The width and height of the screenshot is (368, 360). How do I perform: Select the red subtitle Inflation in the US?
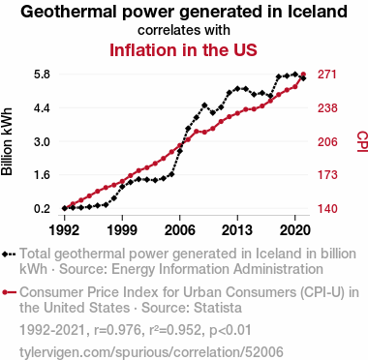183,50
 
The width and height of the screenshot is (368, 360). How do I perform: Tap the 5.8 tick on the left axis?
42,75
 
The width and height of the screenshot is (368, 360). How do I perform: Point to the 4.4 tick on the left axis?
42,107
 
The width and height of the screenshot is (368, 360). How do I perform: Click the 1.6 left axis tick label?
42,175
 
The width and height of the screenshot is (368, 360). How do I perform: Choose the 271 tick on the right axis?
327,75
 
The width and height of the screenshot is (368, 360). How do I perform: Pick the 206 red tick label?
327,141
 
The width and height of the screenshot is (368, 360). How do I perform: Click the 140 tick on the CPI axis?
327,208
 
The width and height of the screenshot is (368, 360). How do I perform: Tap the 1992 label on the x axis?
64,230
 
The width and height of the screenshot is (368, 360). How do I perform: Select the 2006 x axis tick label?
180,230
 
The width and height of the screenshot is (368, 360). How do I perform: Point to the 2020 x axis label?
295,230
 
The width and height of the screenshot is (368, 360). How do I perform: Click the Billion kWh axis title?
7,141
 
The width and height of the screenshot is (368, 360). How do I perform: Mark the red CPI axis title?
362,141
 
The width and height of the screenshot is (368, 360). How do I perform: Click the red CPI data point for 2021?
303,75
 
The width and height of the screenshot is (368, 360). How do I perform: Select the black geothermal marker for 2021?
303,78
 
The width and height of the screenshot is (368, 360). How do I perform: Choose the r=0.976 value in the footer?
115,330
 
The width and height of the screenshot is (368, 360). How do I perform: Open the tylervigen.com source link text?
151,352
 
